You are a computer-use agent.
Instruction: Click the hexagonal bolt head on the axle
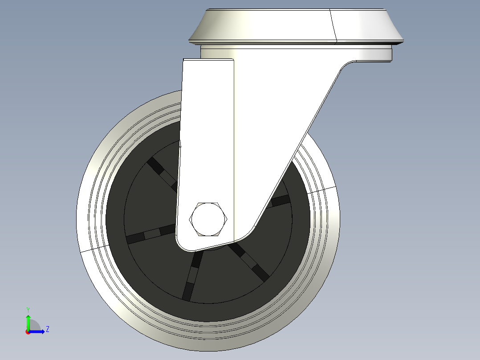pos(208,219)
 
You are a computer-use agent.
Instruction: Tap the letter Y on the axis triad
pos(28,309)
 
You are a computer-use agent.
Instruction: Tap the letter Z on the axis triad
pos(47,329)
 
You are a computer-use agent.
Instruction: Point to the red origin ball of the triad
pos(28,331)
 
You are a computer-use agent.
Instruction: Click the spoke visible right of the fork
pos(281,200)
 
